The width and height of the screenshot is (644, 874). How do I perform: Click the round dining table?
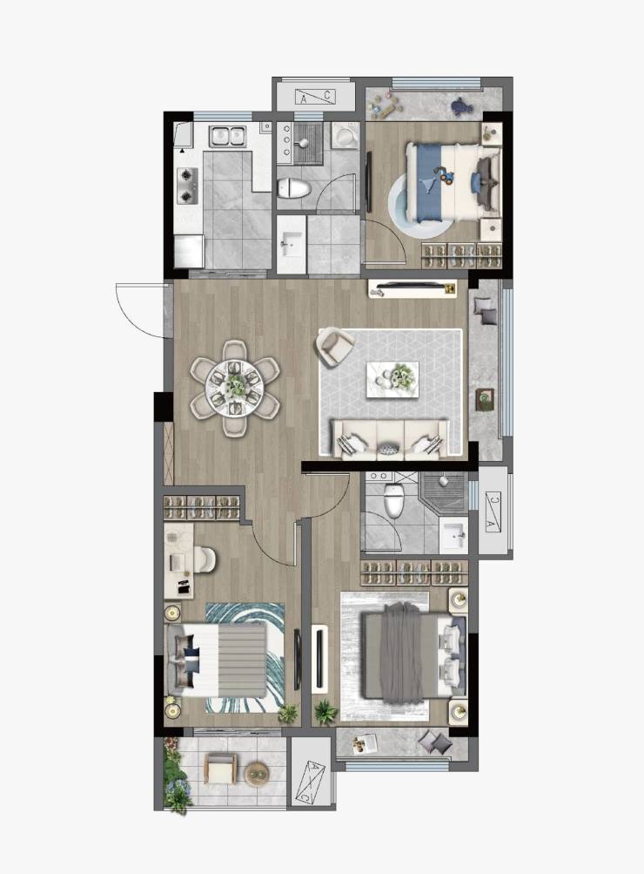235,386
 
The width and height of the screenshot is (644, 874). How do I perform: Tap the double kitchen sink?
227,136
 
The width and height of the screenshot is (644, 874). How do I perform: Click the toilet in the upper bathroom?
294,188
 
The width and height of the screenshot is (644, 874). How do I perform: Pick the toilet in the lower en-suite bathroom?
393,499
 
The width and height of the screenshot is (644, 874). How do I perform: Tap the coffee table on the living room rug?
392,380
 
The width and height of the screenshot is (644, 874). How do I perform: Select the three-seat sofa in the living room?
390,440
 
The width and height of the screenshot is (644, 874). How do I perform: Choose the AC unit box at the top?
315,97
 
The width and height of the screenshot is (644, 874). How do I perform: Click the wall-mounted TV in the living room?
412,288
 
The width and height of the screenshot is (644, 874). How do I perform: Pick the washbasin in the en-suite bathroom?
454,535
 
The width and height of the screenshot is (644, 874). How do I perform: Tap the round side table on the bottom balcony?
257,773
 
